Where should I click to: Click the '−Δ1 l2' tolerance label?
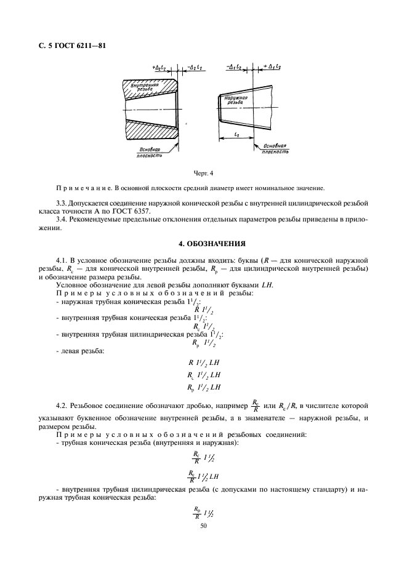coord(233,66)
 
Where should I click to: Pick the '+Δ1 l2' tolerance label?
coord(272,66)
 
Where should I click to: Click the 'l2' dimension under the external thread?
coord(237,132)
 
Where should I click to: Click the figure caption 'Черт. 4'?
coord(203,174)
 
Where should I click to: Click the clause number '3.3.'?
coord(63,202)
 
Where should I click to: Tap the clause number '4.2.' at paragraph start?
coord(63,406)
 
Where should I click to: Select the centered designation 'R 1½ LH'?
coord(203,362)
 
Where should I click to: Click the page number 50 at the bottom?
coord(203,526)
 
